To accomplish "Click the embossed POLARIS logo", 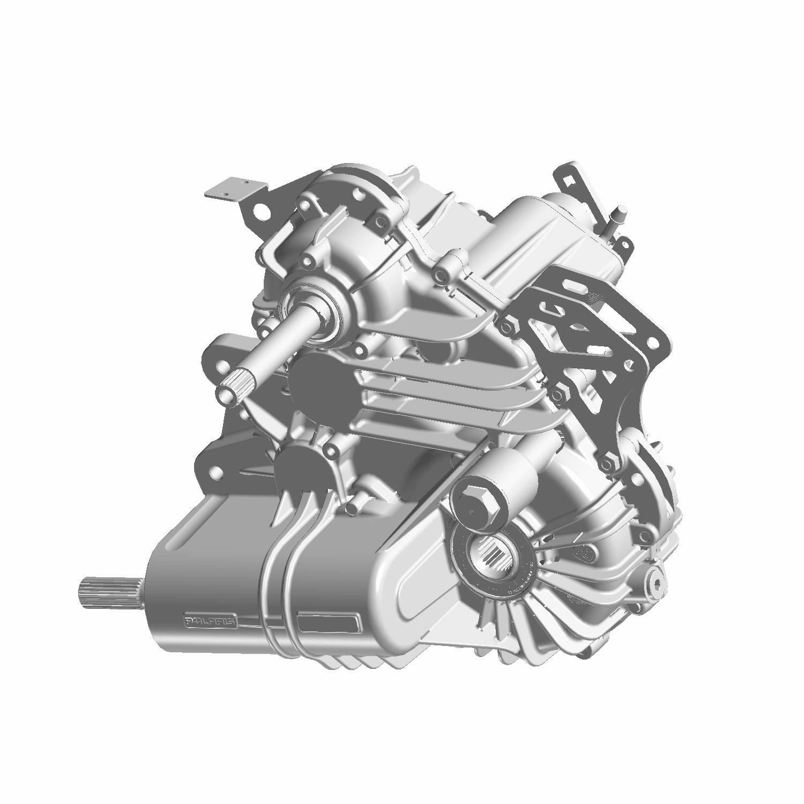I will pos(211,622).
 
